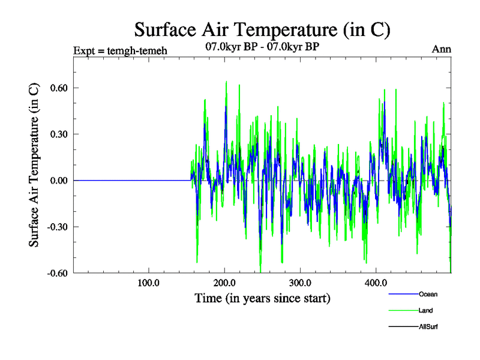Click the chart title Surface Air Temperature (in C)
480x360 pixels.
pos(263,29)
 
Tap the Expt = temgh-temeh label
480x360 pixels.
pos(120,50)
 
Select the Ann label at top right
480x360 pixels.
pos(442,49)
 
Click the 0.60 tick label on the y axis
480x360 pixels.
pos(53,88)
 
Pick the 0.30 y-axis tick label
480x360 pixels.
pos(53,134)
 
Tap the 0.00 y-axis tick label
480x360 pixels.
pos(53,181)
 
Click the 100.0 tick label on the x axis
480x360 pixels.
pos(148,283)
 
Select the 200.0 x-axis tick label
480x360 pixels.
pos(224,283)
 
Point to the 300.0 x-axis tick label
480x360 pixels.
pos(299,283)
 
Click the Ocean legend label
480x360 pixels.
pos(428,294)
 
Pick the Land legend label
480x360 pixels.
pos(426,310)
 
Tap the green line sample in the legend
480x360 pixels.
pos(403,310)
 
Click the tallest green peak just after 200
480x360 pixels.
pos(226,82)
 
